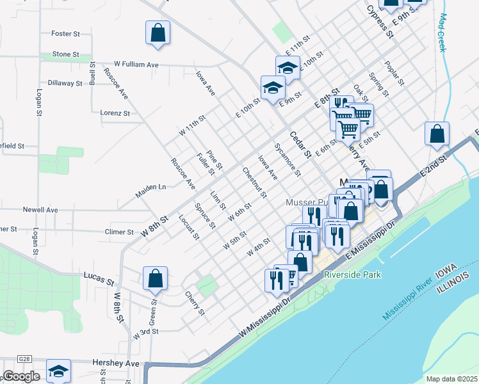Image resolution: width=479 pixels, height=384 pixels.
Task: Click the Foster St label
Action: click(65, 33)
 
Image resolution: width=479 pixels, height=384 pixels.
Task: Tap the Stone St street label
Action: click(65, 54)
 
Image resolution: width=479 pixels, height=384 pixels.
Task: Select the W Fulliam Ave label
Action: click(136, 65)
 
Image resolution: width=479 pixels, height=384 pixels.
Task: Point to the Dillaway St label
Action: click(65, 83)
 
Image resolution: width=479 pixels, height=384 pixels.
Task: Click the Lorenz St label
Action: click(115, 113)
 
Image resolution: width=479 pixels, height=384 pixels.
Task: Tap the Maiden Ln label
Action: click(150, 187)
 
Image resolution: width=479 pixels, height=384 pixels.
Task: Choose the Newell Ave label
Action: click(40, 209)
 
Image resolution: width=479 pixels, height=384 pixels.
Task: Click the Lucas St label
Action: click(99, 280)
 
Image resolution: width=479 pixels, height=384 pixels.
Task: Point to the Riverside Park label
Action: click(352, 275)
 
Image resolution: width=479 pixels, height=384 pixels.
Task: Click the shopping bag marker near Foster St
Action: click(158, 33)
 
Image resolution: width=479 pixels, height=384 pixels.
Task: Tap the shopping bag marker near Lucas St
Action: click(155, 278)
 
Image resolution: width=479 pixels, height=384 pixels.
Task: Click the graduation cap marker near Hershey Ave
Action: click(58, 371)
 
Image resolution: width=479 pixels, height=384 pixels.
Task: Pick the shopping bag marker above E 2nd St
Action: click(437, 134)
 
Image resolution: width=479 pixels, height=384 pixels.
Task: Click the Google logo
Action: click(22, 376)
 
